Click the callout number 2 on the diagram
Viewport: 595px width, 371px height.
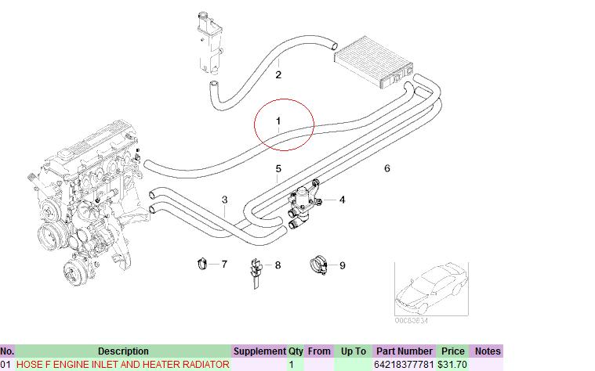coord(278,74)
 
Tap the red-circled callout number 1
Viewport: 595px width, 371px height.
coord(278,121)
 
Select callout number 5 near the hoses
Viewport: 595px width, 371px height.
coord(278,168)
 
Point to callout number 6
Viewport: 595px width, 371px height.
coord(387,168)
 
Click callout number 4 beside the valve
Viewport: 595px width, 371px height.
coord(342,200)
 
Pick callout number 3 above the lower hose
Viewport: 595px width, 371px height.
coord(225,200)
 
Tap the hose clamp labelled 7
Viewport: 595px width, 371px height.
coord(202,263)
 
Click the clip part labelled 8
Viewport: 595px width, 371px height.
coord(256,272)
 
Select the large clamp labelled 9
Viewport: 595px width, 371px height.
coord(319,265)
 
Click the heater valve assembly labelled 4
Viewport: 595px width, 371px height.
coord(303,204)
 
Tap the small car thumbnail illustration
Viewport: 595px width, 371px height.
coord(431,289)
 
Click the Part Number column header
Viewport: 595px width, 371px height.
coord(405,351)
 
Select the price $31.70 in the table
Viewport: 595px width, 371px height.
coord(452,365)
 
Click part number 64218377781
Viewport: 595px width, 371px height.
coord(404,365)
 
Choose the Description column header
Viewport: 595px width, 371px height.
coord(123,351)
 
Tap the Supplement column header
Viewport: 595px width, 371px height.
coord(259,351)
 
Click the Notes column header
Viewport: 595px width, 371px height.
coord(488,351)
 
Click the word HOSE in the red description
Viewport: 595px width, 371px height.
coord(29,365)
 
